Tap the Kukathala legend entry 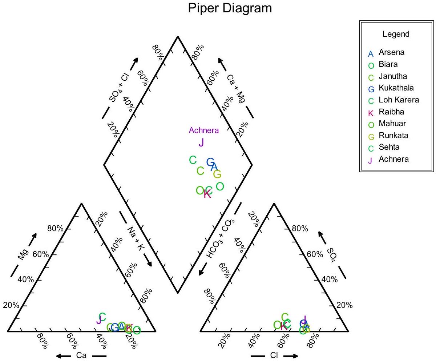(396, 88)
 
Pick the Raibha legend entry (391, 112)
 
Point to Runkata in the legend (393, 136)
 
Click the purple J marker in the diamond (201, 142)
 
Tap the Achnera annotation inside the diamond (204, 130)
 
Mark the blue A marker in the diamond (214, 166)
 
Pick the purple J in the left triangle (98, 320)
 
